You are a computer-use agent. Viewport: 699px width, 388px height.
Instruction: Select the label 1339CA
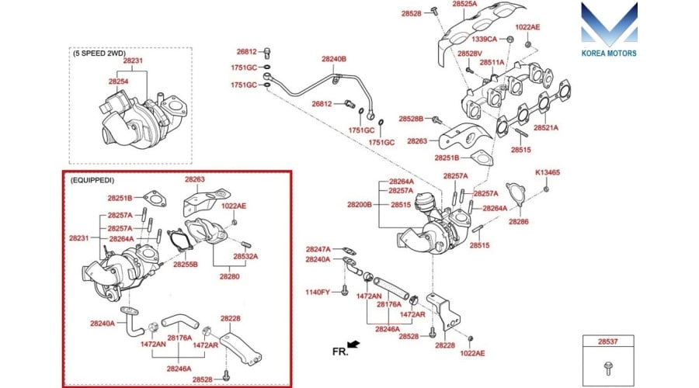487,38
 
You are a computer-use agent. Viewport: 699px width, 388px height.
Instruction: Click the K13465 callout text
548,172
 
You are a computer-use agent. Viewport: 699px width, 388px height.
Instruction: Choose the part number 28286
519,222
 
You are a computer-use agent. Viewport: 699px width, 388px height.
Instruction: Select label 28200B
360,205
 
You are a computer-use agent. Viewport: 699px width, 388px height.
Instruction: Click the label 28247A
318,249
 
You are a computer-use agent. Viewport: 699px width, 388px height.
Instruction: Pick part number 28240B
334,59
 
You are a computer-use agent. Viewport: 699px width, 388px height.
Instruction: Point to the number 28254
119,81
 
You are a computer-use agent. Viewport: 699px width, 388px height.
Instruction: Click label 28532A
245,256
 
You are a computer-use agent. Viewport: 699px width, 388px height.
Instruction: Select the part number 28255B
186,265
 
